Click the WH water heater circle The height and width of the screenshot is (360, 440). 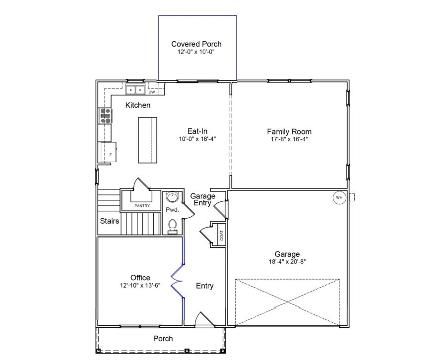339,197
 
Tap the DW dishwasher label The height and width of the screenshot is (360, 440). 152,92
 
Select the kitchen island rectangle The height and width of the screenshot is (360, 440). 147,140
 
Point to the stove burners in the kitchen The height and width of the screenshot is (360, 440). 106,116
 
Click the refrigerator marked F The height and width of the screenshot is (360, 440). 108,151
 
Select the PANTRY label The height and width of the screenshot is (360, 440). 142,205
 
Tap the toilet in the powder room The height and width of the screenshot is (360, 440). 173,226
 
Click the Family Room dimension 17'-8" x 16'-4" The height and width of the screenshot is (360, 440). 289,139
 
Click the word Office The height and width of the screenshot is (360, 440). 140,278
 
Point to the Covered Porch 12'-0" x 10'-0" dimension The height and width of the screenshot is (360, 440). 196,52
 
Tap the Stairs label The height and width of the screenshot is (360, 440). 110,221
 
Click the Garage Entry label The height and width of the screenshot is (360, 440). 203,199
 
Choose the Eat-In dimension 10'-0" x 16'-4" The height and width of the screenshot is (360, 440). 197,139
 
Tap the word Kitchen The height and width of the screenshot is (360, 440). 138,105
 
